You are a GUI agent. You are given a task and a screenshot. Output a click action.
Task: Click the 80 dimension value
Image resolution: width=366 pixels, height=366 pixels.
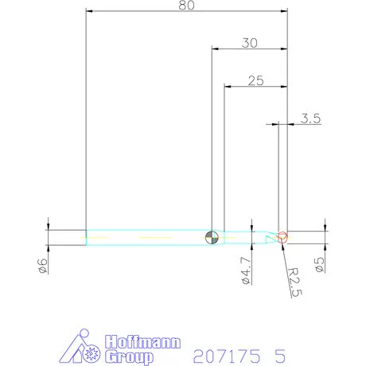tap(186, 6)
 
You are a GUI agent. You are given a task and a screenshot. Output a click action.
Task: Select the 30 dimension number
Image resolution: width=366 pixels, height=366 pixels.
tap(250, 44)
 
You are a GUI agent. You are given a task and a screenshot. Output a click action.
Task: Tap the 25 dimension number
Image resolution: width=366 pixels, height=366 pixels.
tap(255, 80)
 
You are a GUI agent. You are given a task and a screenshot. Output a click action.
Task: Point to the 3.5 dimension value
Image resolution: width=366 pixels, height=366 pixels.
tap(310, 119)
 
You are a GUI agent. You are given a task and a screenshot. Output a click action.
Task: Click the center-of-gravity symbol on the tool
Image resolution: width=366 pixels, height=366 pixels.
tap(211, 236)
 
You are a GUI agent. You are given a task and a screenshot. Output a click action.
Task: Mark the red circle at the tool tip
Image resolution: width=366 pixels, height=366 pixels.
tap(282, 236)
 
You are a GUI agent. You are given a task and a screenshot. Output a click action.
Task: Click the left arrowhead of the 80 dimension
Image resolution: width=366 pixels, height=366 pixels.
tap(89, 11)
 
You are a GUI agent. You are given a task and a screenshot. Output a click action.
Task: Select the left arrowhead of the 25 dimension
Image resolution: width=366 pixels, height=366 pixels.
tap(228, 85)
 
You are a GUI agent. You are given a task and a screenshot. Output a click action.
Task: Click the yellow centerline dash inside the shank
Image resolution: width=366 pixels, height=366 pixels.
tap(151, 237)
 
